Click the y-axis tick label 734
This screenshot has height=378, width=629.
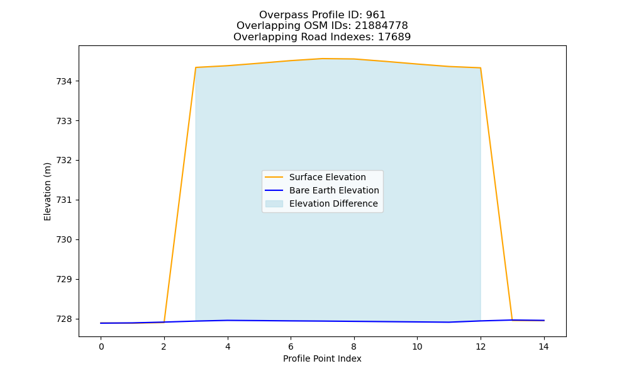pos(64,81)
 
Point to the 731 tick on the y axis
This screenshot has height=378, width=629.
pos(64,200)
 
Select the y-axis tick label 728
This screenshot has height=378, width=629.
pos(64,319)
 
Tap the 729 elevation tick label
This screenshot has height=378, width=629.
pos(64,280)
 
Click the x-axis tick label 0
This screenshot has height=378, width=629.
pos(101,346)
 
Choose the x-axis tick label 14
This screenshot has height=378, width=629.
pos(543,346)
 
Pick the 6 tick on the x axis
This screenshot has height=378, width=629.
pos(291,346)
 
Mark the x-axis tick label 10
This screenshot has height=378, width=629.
pos(417,346)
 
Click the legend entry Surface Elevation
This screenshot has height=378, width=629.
pos(327,177)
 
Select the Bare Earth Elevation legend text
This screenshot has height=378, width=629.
pos(334,190)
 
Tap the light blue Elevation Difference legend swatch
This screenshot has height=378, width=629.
pos(274,203)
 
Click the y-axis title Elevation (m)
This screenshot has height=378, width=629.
pos(47,192)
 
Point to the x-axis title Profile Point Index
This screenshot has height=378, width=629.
pos(322,358)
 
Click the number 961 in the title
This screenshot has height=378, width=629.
pos(376,15)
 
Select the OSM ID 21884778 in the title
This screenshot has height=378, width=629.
pos(382,26)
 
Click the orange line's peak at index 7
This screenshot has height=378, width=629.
pos(323,59)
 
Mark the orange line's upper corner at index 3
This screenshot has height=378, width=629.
pos(196,67)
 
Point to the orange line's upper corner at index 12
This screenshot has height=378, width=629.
pos(480,68)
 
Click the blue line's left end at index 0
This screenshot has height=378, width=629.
pos(101,323)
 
